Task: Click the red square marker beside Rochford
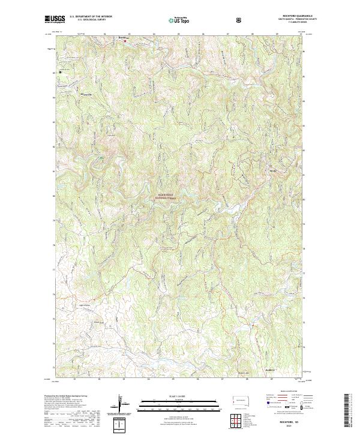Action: (125, 41)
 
